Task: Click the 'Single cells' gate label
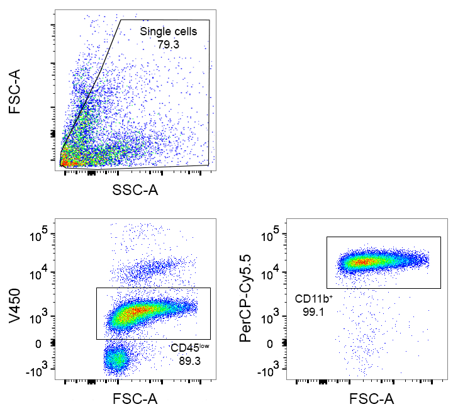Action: click(x=168, y=31)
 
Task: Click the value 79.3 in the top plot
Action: click(x=168, y=44)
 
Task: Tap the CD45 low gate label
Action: click(x=189, y=347)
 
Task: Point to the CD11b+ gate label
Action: click(x=313, y=298)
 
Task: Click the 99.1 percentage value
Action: click(x=313, y=310)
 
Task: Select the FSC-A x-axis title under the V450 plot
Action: click(x=135, y=400)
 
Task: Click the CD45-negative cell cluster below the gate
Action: click(x=116, y=359)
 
